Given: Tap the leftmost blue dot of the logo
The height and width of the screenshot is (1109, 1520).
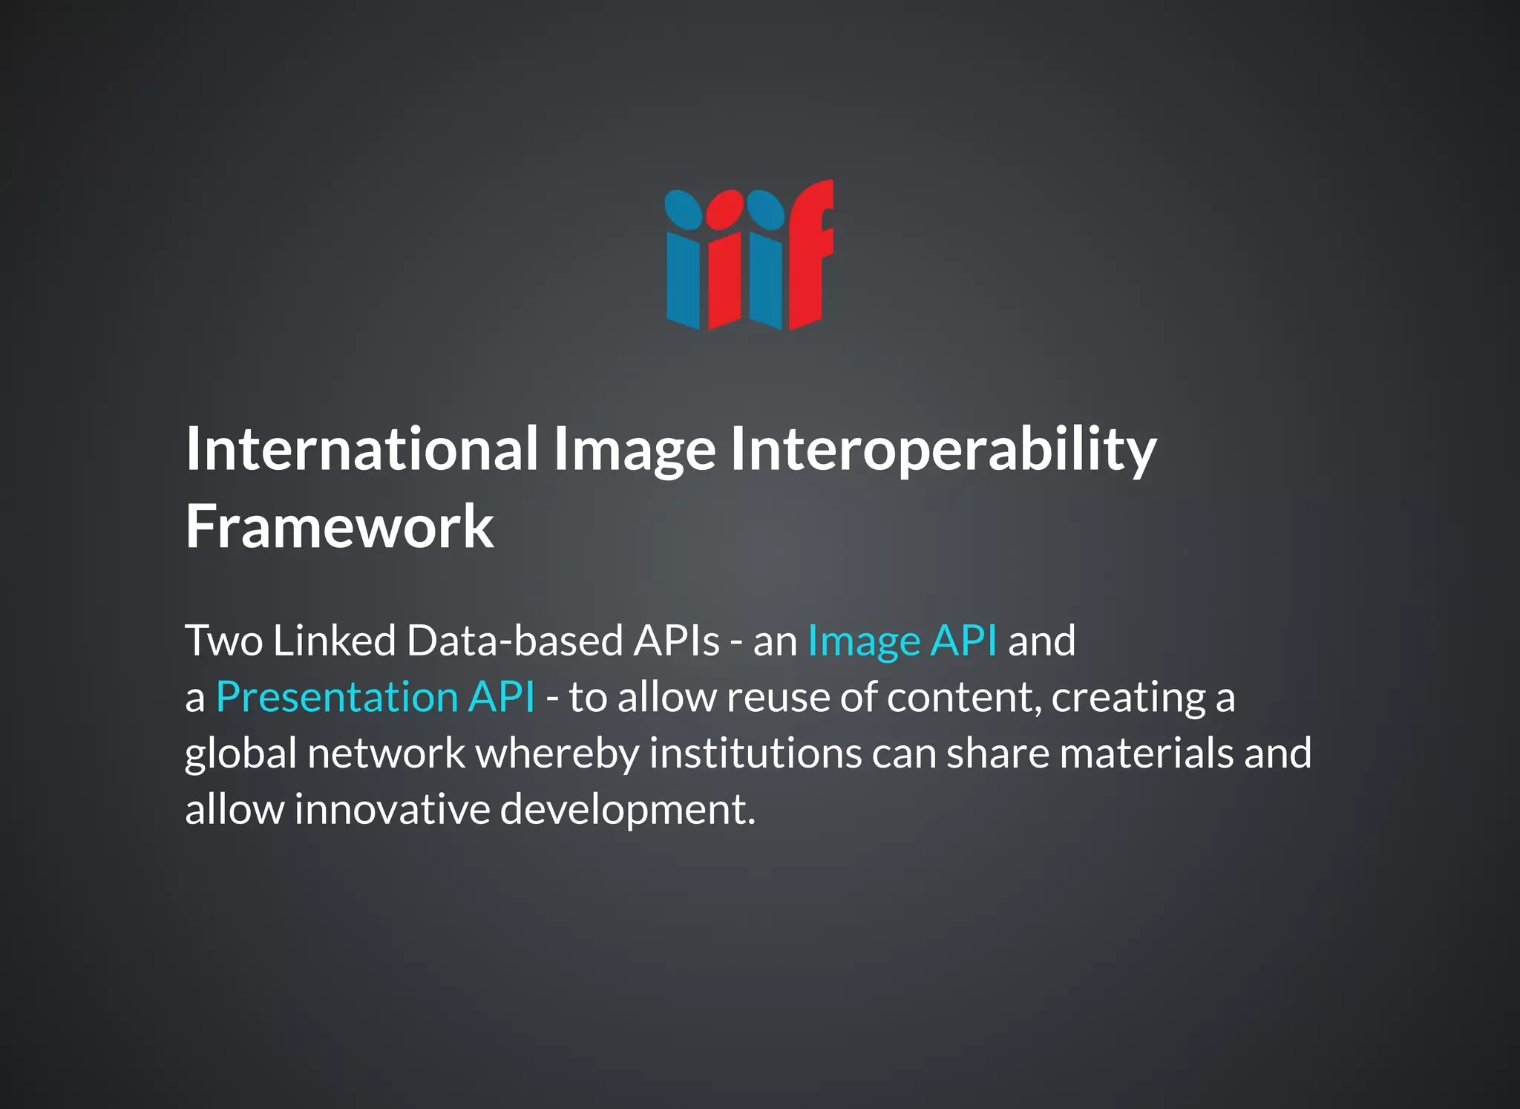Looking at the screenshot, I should (x=683, y=209).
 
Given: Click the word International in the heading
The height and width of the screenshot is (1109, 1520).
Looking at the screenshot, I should (x=361, y=449).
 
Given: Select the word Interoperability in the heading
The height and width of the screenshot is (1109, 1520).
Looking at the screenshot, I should (x=943, y=451).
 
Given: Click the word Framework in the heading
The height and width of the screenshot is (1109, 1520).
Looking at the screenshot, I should (x=339, y=526).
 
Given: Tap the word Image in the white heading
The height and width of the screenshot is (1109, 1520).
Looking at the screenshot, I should (x=635, y=451).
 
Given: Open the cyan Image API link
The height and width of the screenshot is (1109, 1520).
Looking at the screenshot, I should (x=902, y=641).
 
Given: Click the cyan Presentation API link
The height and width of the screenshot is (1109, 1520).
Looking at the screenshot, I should (x=375, y=697).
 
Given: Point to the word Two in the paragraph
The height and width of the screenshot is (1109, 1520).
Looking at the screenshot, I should (x=223, y=641).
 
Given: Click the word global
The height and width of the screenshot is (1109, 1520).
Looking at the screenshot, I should (x=240, y=754).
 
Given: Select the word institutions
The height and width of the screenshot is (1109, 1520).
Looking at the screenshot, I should (x=756, y=753).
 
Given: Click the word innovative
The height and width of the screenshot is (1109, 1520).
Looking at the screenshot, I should (x=392, y=809).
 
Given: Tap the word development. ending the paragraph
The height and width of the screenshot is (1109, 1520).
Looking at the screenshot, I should (x=628, y=810).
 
